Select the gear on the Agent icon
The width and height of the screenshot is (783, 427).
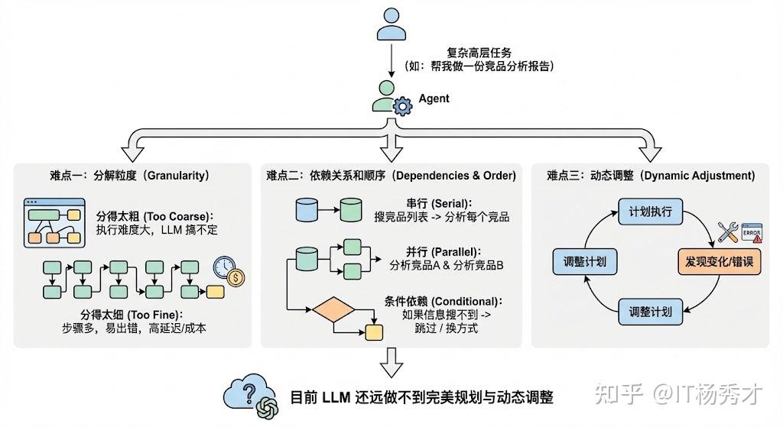(x=401, y=107)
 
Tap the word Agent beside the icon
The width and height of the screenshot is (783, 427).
(x=434, y=99)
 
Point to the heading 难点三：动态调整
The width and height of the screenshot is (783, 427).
(x=651, y=175)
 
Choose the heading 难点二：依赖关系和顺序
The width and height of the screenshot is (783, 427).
(x=391, y=175)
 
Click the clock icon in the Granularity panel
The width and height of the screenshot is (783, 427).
(x=225, y=267)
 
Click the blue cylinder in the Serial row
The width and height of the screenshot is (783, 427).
(x=306, y=209)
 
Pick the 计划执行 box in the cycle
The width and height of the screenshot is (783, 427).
(x=650, y=211)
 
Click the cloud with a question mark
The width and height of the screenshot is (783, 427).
(x=245, y=393)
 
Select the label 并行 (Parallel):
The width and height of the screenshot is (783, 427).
(x=434, y=251)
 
